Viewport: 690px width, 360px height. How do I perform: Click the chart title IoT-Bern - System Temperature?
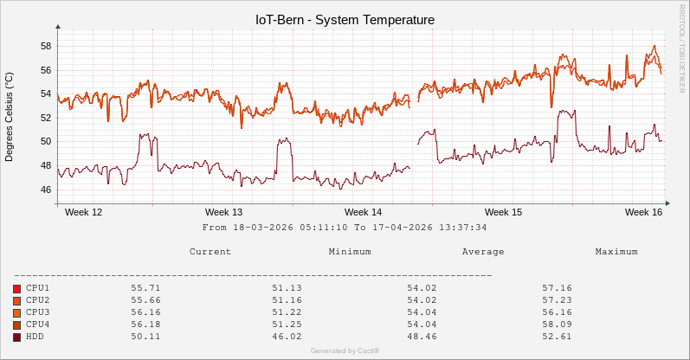click(345, 19)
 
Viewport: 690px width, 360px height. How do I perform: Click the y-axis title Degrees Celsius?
click(10, 117)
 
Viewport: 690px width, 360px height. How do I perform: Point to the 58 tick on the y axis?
click(46, 46)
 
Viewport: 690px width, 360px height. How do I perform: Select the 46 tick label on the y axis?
click(46, 190)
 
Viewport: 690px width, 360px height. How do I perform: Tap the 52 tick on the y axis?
click(46, 118)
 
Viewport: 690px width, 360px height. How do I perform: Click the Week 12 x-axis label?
click(84, 212)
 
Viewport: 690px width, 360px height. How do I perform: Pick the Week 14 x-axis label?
click(363, 212)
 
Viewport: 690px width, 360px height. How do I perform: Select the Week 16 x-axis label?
click(643, 212)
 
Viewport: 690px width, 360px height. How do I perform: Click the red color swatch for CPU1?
click(16, 288)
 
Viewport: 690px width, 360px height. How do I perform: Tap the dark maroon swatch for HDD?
click(16, 337)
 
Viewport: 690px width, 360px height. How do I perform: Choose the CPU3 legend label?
click(38, 312)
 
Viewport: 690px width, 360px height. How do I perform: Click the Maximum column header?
click(616, 252)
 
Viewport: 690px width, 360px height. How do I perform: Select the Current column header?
click(210, 252)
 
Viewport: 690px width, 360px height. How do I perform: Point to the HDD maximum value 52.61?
click(558, 337)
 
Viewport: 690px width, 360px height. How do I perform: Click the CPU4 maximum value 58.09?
click(558, 325)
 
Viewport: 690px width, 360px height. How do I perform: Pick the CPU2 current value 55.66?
click(145, 300)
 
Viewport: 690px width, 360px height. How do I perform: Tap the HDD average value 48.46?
click(422, 337)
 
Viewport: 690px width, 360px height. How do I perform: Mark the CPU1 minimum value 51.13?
click(287, 288)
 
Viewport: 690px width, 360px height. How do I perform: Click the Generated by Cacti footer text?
click(345, 350)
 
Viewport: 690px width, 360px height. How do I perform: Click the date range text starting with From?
click(345, 228)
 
